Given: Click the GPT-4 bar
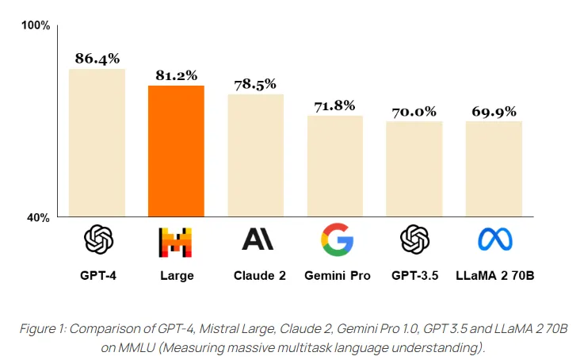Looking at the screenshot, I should click(x=97, y=143).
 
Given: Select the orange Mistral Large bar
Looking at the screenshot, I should click(x=176, y=151).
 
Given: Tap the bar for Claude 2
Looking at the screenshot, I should click(x=255, y=155).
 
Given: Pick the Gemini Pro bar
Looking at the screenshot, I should click(x=334, y=166).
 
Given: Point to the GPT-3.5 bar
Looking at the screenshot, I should click(x=414, y=169).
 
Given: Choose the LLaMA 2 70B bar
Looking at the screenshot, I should click(x=494, y=169).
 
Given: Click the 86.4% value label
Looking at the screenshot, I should click(x=97, y=58).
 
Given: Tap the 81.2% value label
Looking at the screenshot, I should click(x=176, y=75).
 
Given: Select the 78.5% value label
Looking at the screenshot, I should click(x=255, y=83).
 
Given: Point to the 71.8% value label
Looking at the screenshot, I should click(x=334, y=105).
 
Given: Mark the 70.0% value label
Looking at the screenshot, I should click(x=414, y=111).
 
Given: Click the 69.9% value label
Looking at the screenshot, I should click(x=494, y=111).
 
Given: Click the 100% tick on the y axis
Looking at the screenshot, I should click(x=36, y=25).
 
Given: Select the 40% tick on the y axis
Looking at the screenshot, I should click(x=38, y=216).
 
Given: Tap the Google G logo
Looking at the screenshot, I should click(x=337, y=239).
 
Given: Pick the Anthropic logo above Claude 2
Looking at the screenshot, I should click(x=257, y=239).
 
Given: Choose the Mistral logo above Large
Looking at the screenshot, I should click(x=176, y=241).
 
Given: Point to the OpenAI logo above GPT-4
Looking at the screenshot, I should click(x=98, y=239).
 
